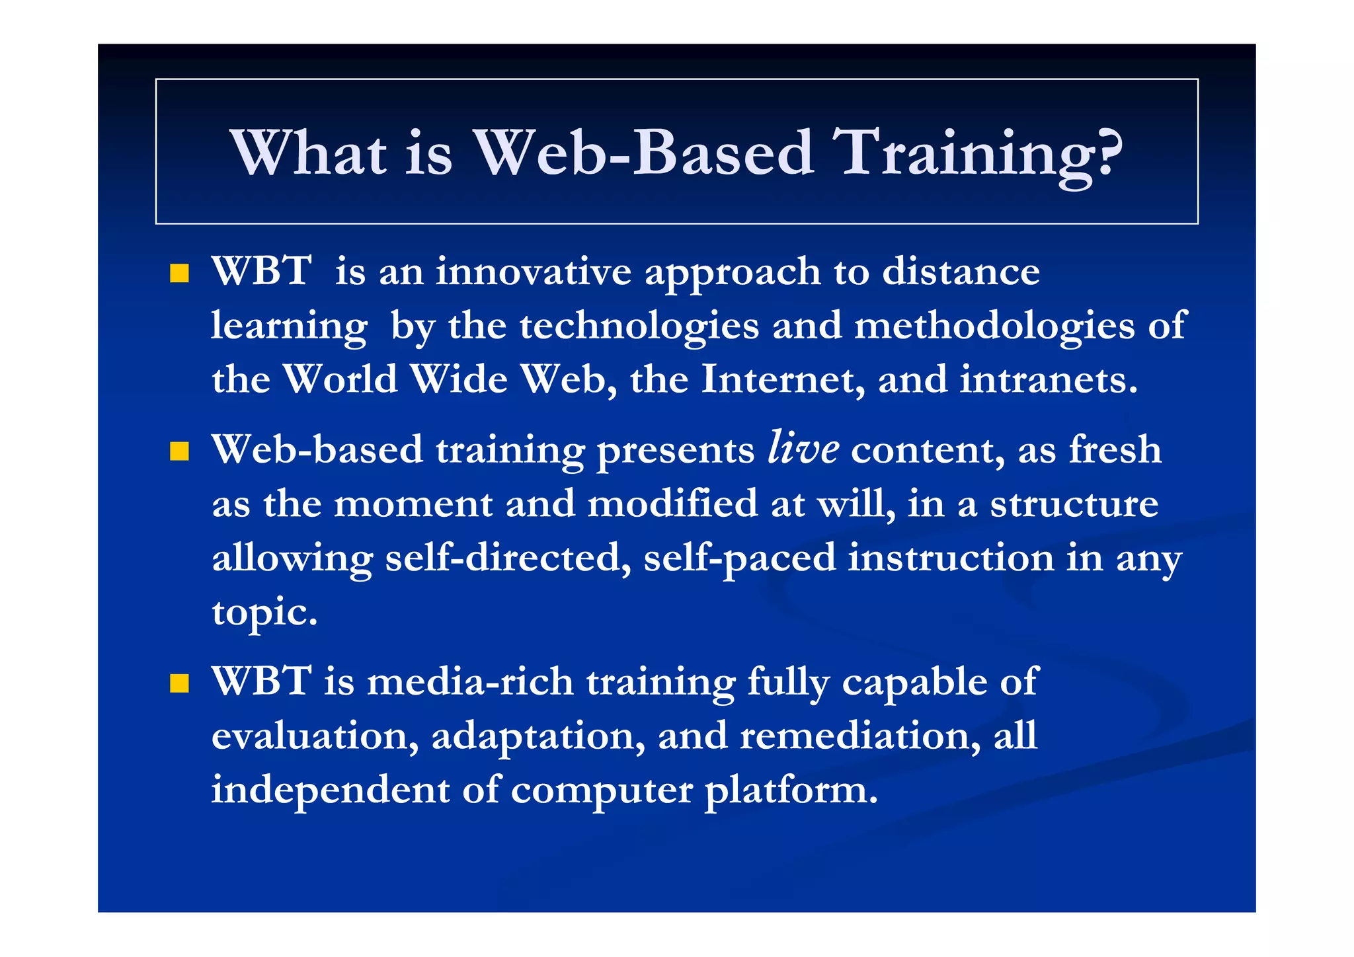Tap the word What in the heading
coord(308,153)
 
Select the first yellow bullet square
coord(179,273)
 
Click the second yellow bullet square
coord(179,451)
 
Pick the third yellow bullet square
coord(179,683)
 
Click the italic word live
coord(803,448)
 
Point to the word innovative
coord(534,272)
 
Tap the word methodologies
coord(994,326)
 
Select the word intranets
coord(1049,379)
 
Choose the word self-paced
coord(739,558)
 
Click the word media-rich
coord(470,681)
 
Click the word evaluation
coord(315,736)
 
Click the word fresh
coord(1115,449)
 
